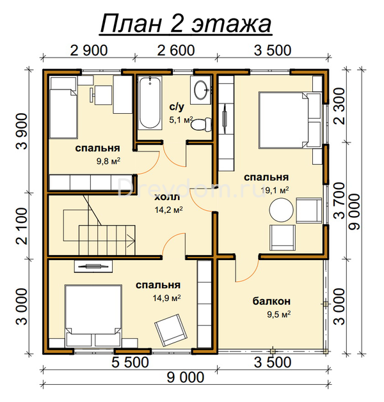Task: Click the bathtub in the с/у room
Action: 150,103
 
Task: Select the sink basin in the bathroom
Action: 201,89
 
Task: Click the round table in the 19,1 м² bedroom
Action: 281,210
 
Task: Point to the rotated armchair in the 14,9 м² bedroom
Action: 169,330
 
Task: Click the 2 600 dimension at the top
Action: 176,50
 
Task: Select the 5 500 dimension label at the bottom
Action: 130,362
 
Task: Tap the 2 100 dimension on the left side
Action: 22,226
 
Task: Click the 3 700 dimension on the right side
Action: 339,201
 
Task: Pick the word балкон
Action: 271,301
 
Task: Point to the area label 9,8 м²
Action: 108,161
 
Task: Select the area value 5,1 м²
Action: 180,120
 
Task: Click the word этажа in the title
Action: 231,24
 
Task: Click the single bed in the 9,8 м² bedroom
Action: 63,107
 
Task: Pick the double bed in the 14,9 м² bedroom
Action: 93,315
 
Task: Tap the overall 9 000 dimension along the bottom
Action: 186,377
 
